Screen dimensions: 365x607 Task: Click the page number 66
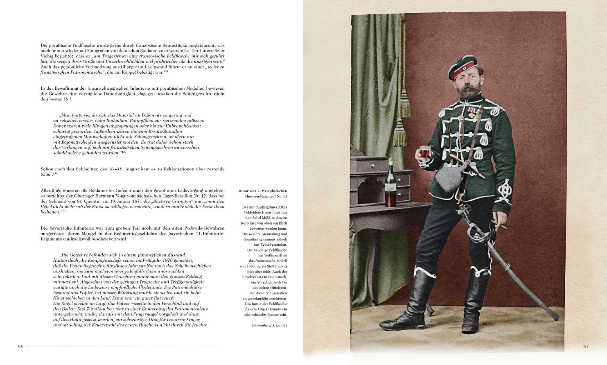click(x=20, y=346)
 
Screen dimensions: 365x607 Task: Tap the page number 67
click(x=586, y=346)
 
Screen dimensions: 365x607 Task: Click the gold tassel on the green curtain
click(x=399, y=131)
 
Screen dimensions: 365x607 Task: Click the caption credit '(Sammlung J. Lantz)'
click(x=269, y=325)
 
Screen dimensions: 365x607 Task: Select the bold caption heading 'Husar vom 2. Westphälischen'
click(x=263, y=191)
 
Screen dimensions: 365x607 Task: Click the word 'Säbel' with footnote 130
click(x=46, y=175)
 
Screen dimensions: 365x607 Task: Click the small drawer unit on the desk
click(x=366, y=165)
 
